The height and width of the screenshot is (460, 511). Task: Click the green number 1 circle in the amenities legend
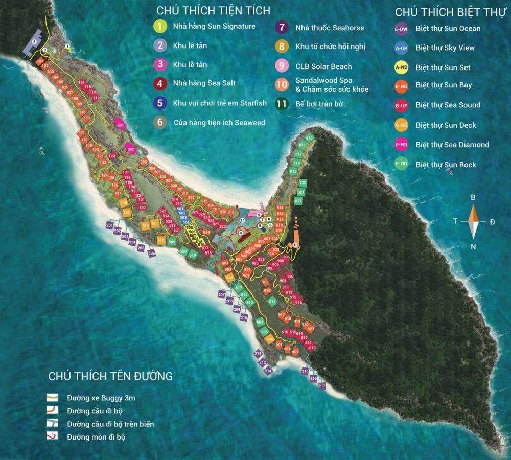(x=160, y=26)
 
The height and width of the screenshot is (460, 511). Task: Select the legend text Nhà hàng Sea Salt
(x=204, y=83)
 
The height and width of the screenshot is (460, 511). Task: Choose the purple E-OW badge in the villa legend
(x=401, y=29)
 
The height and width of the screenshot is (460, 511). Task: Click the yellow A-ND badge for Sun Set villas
(x=401, y=67)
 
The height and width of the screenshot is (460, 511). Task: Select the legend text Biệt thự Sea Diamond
(x=452, y=145)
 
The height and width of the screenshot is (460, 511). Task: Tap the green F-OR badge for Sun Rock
(x=401, y=165)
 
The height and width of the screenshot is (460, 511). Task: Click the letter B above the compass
(x=473, y=197)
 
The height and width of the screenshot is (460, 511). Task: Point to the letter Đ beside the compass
(x=492, y=221)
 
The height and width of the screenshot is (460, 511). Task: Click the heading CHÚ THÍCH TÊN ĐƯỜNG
(x=110, y=376)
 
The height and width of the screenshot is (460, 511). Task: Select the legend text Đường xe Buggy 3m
(x=101, y=397)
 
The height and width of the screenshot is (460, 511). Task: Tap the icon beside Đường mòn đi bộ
(x=52, y=436)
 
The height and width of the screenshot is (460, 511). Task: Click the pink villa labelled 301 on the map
(x=120, y=125)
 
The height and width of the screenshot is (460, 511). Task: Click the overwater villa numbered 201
(x=109, y=225)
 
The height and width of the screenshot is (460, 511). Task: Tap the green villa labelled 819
(x=309, y=139)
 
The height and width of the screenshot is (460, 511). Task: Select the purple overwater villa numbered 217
(x=322, y=386)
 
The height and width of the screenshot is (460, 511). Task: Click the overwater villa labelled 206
(x=151, y=254)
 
